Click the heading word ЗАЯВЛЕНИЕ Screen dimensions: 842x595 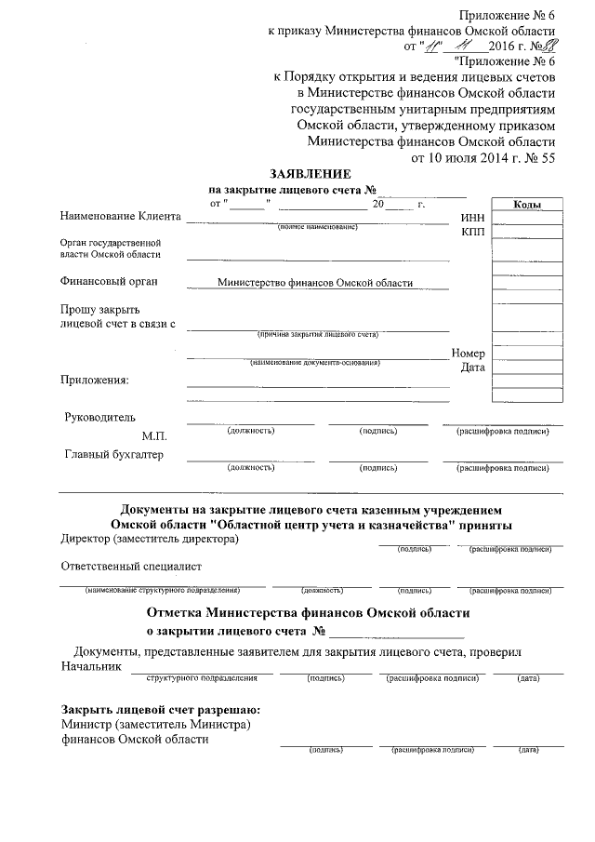pos(311,174)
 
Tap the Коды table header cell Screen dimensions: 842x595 pos(526,205)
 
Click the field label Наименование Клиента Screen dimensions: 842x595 pos(120,217)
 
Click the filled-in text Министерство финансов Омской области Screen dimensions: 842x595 pos(314,283)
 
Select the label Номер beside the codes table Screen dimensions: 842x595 pos(469,354)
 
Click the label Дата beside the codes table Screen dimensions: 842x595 pos(473,368)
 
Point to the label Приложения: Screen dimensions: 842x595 pos(95,379)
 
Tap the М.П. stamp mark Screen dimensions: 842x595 pos(153,435)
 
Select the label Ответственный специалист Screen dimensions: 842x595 pos(131,566)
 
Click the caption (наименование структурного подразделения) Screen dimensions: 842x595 pos(162,590)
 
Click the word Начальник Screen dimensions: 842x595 pos(91,667)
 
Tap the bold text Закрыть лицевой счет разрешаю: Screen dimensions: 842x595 pos(160,710)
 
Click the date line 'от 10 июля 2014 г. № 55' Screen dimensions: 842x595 pos(483,158)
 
